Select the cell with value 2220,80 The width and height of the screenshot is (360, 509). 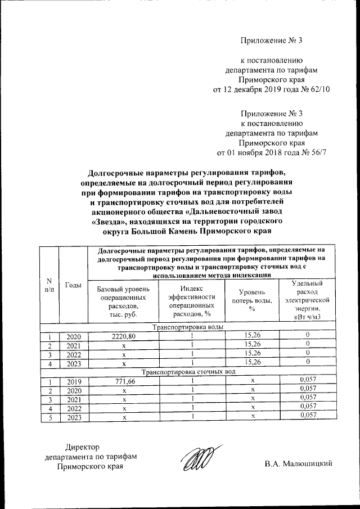coord(124,335)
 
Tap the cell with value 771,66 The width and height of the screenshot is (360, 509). coord(124,381)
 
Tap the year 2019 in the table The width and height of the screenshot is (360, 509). coord(74,381)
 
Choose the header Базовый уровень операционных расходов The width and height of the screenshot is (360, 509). coord(124,302)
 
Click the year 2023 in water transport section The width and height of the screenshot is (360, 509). coord(74,362)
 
